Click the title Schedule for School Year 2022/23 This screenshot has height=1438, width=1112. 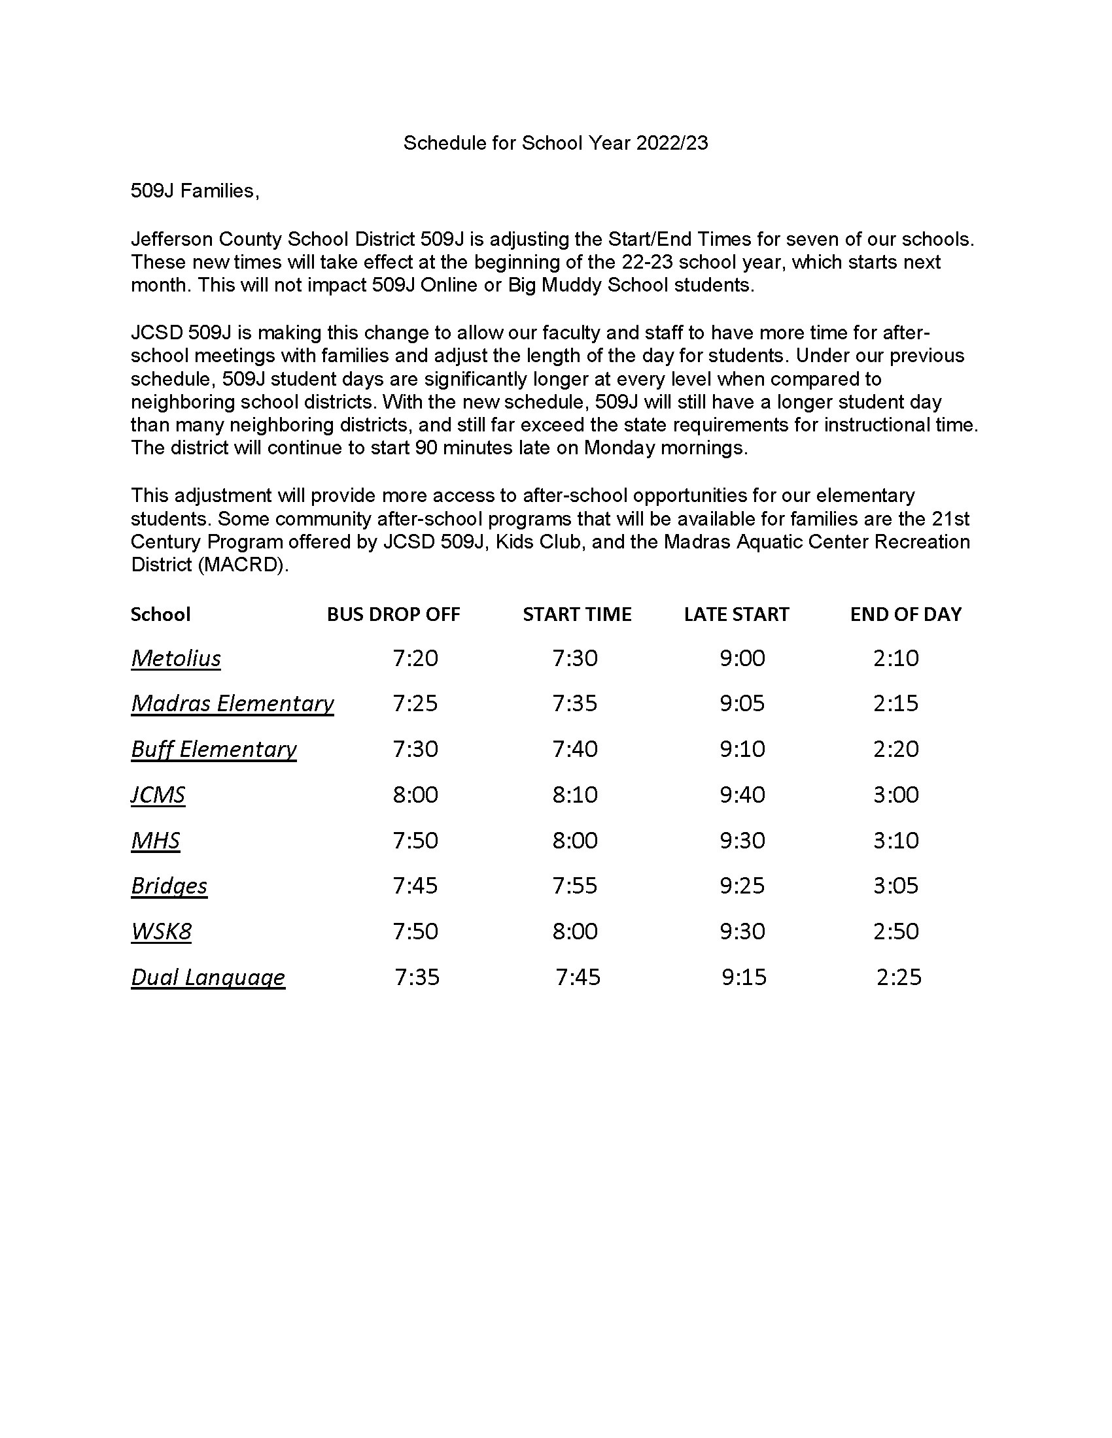[555, 143]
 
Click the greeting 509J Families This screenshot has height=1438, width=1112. [195, 191]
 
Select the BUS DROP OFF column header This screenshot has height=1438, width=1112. [393, 614]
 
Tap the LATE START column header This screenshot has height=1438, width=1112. [736, 614]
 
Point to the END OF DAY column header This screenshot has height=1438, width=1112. [906, 614]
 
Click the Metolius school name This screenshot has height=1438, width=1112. [176, 658]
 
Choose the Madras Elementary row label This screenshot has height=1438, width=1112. [232, 703]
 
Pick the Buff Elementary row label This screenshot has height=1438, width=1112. [213, 749]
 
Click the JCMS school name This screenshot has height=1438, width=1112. [158, 795]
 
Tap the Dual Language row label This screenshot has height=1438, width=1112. [207, 977]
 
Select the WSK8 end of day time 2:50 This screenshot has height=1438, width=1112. [896, 931]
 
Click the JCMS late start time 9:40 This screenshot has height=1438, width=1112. [742, 795]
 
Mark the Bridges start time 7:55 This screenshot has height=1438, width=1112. [575, 886]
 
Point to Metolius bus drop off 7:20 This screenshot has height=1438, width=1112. [415, 658]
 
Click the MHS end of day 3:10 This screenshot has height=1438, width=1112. [896, 840]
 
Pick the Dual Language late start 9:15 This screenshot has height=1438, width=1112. [744, 977]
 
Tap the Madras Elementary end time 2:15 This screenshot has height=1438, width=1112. [896, 703]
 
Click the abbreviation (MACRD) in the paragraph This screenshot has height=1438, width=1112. [243, 565]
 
